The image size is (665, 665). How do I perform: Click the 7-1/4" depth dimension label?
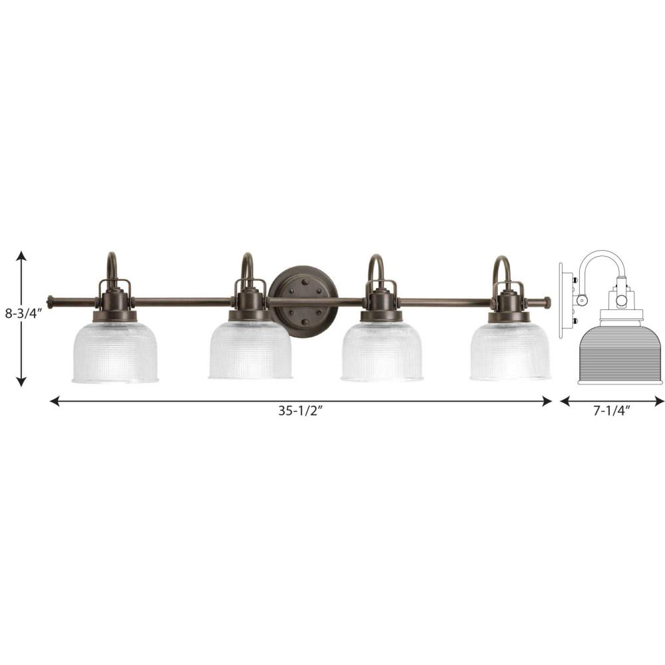click(612, 410)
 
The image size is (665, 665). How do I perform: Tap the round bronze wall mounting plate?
click(304, 301)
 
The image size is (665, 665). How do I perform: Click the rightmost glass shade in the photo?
click(510, 350)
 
